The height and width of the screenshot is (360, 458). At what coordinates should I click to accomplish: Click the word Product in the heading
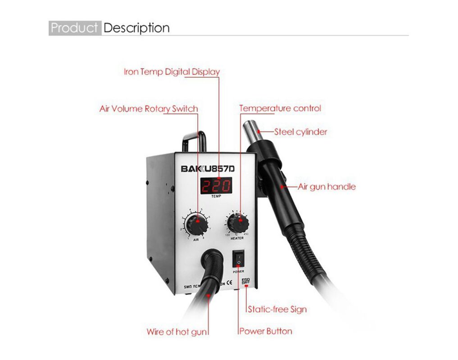point(75,28)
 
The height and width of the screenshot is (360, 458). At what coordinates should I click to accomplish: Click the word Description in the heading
point(136,28)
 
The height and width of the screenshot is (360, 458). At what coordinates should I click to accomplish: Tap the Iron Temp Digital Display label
point(172,72)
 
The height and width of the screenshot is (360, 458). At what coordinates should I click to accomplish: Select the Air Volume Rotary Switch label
point(149,109)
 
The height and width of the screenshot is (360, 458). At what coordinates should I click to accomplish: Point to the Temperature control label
point(280,108)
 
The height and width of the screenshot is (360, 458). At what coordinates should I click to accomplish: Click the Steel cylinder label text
point(301,132)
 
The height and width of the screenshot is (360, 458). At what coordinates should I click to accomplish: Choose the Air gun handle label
point(326,187)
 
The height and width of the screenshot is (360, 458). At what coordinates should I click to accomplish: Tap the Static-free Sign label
point(277,309)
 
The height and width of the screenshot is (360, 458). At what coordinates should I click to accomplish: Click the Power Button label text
point(266,331)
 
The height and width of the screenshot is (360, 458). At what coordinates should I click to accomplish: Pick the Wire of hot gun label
point(177,332)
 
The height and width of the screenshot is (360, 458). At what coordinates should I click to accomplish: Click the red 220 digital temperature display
point(216,185)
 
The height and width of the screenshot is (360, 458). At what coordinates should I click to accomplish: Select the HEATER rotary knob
point(237,222)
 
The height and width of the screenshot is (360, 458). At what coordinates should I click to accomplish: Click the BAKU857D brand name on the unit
point(211,169)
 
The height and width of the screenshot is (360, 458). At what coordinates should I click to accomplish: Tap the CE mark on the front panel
point(229,283)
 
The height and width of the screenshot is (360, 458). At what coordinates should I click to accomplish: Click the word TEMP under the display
point(216,197)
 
